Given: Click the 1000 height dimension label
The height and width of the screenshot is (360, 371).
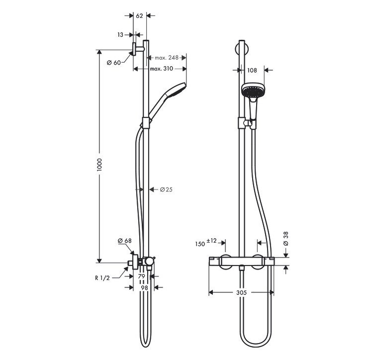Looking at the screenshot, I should pyautogui.click(x=99, y=166).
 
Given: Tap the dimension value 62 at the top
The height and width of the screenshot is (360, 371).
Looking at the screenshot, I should pyautogui.click(x=139, y=16).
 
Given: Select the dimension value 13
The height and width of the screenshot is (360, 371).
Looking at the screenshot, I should pyautogui.click(x=121, y=35).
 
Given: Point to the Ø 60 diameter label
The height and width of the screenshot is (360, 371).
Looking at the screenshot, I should pyautogui.click(x=114, y=62).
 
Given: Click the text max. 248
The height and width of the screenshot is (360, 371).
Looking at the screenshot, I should pyautogui.click(x=166, y=58).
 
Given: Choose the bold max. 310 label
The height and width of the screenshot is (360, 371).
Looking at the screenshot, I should pyautogui.click(x=161, y=69).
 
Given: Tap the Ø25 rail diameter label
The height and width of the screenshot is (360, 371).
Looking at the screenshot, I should pyautogui.click(x=166, y=189).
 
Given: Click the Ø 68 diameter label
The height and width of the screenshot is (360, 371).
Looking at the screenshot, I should pyautogui.click(x=124, y=241).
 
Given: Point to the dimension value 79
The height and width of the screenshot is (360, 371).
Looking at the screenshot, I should pyautogui.click(x=141, y=276).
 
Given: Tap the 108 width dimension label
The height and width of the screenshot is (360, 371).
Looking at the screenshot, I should pyautogui.click(x=252, y=71).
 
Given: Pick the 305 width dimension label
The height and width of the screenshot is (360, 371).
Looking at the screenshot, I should pyautogui.click(x=241, y=293).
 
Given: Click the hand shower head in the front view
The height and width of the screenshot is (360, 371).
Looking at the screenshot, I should pyautogui.click(x=252, y=90).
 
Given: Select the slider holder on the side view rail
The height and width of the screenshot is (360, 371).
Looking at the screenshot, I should pyautogui.click(x=146, y=122).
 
